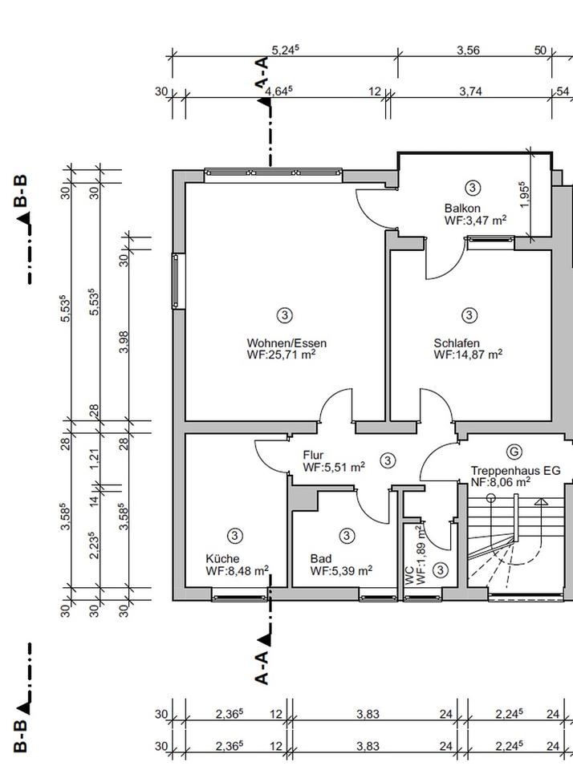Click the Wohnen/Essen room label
(x=286, y=342)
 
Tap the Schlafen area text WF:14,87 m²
(x=468, y=354)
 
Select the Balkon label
(x=462, y=209)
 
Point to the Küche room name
(x=222, y=559)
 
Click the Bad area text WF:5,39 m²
(x=341, y=570)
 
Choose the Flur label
(x=313, y=456)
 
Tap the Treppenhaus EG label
(x=515, y=471)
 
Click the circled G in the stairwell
(x=514, y=452)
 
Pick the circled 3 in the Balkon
(x=473, y=188)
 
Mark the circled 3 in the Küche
(x=235, y=535)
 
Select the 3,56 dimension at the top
(x=468, y=51)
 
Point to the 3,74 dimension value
(x=470, y=91)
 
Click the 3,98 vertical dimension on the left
(x=124, y=342)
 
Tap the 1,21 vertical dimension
(x=95, y=458)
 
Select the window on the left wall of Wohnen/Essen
(x=178, y=281)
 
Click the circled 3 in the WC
(x=441, y=569)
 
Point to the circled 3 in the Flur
(x=388, y=460)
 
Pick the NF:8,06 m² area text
(x=500, y=482)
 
